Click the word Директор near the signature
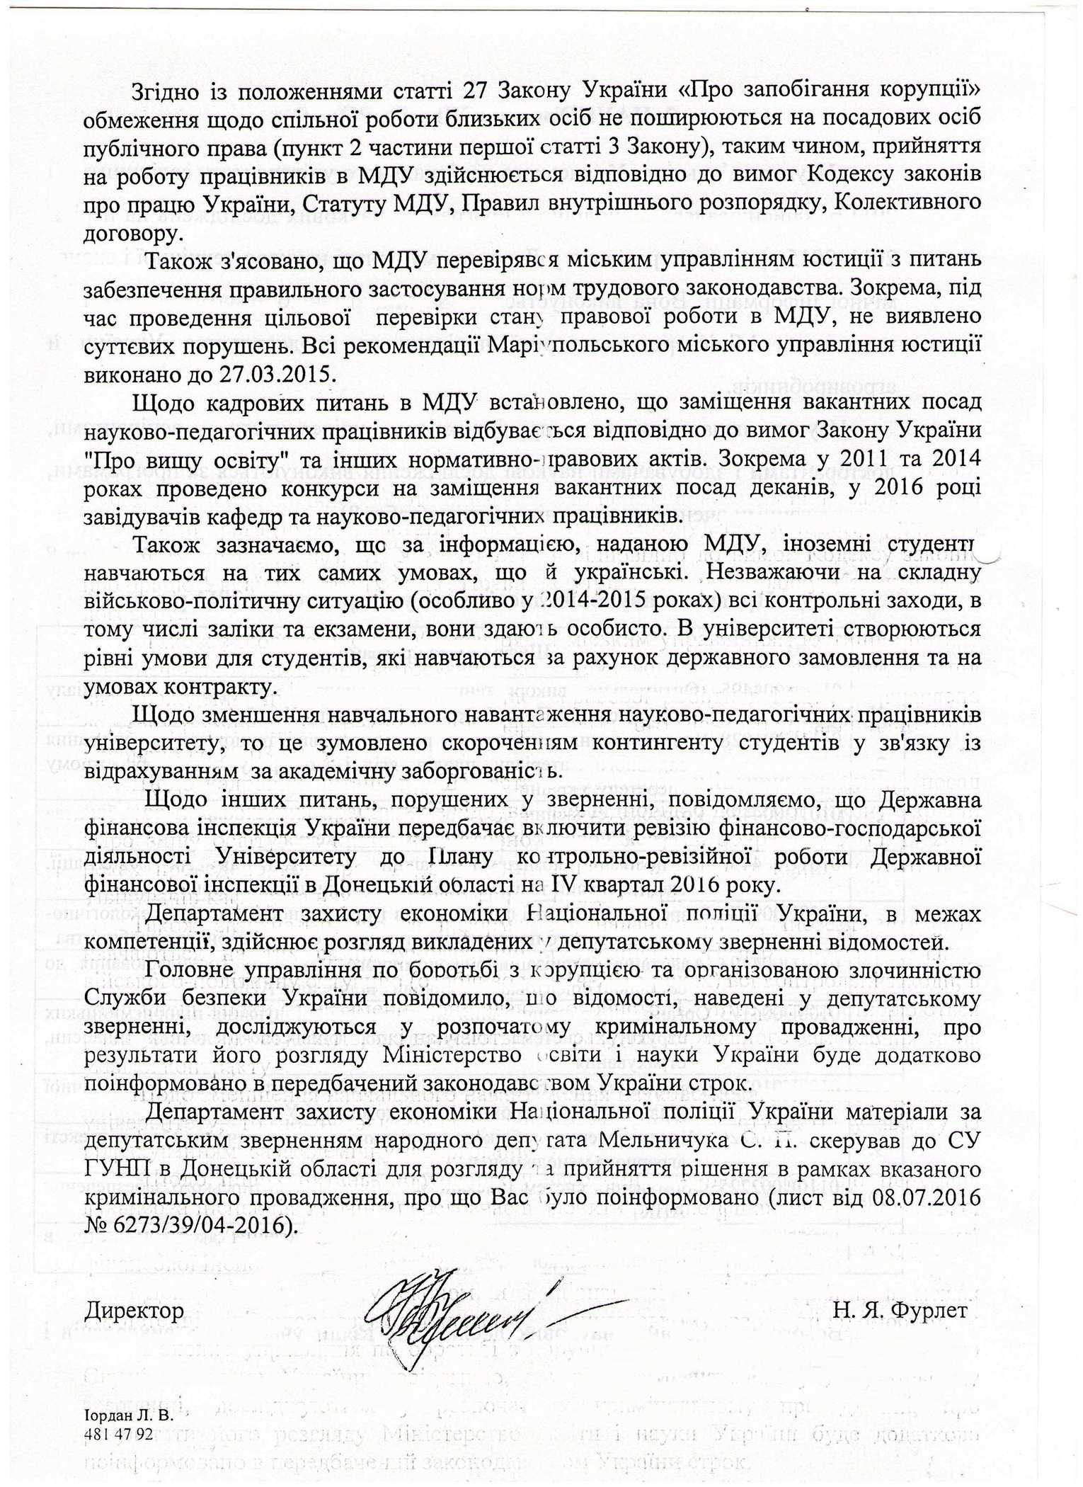coord(134,1310)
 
